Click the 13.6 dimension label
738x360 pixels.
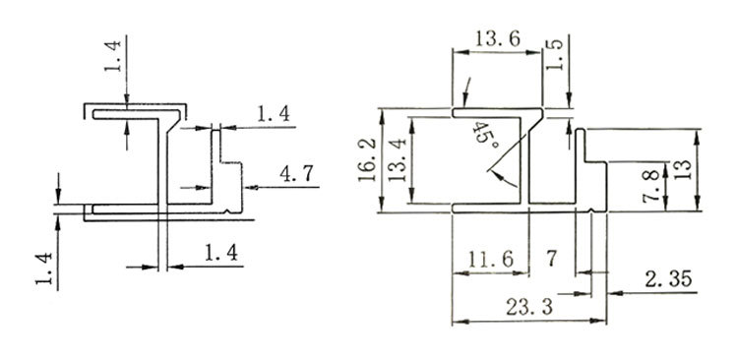tap(497, 38)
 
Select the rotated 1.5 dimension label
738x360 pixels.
tap(554, 54)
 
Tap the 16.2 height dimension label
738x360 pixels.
tap(368, 159)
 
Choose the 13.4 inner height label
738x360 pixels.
tap(398, 159)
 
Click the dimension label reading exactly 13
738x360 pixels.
tap(683, 169)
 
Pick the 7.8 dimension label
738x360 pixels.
tap(651, 187)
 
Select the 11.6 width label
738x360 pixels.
tap(491, 260)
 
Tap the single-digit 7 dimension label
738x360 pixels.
tap(551, 258)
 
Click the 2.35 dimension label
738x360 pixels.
tap(668, 279)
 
